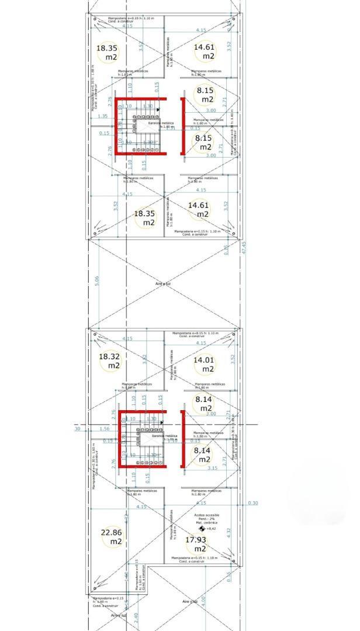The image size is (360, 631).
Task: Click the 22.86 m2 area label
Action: [112, 537]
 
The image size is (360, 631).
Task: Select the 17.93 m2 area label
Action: [200, 544]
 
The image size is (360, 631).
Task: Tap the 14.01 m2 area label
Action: [205, 365]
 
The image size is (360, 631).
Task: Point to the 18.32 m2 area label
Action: [110, 360]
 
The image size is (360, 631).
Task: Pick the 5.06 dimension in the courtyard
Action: [97, 282]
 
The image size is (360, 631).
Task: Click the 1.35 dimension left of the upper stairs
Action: [102, 116]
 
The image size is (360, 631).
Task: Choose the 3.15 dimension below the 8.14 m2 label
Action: [212, 468]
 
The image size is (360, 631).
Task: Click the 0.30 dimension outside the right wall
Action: [252, 503]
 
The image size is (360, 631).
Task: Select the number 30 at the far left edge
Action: [77, 429]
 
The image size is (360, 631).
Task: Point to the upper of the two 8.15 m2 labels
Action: [205, 95]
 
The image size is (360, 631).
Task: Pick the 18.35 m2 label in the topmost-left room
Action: [108, 53]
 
